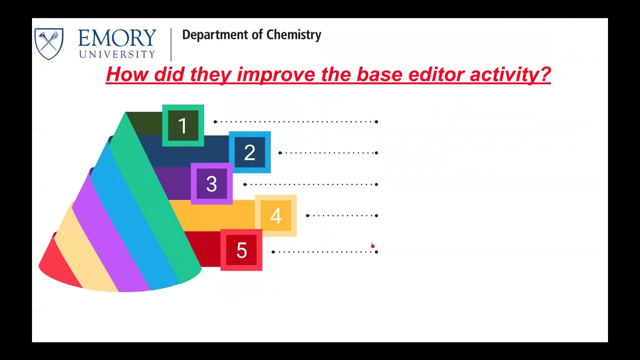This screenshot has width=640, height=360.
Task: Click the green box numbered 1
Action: click(183, 125)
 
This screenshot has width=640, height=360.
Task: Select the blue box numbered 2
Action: click(249, 152)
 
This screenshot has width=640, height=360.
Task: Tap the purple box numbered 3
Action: click(211, 184)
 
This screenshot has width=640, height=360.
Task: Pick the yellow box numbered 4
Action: click(275, 215)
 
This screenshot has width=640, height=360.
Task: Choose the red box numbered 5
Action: click(241, 250)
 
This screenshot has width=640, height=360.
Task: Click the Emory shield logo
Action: click(49, 43)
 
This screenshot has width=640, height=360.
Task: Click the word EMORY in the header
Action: click(117, 38)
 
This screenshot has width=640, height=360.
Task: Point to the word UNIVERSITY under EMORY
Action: click(117, 54)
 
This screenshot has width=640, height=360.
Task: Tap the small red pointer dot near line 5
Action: click(372, 245)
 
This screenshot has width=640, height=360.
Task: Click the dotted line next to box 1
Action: click(296, 121)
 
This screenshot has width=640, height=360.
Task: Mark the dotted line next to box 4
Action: click(342, 215)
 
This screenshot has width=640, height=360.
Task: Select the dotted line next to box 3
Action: click(311, 184)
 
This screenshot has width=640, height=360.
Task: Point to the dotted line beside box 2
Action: click(328, 153)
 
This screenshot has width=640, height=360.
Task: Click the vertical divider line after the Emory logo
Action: click(171, 44)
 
